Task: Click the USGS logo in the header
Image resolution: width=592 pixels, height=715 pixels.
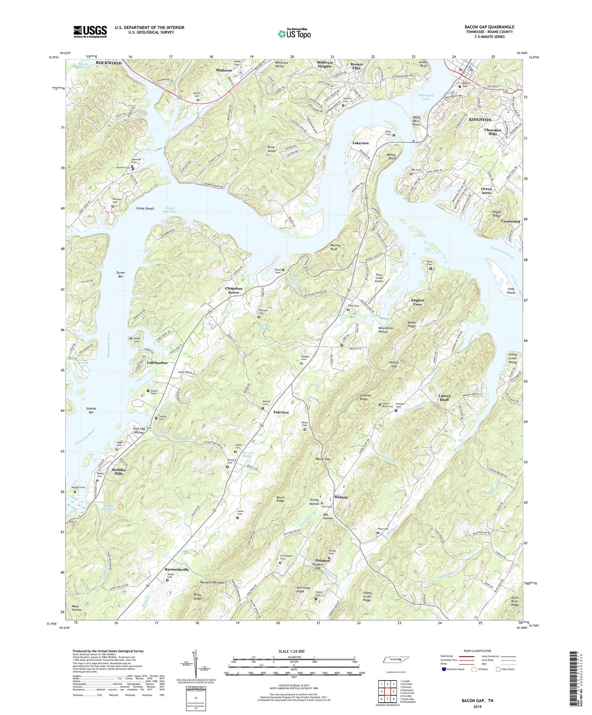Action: click(90, 32)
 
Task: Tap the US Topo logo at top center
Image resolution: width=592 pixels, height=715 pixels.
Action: click(294, 34)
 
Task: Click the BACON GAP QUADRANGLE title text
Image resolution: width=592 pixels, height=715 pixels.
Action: click(489, 27)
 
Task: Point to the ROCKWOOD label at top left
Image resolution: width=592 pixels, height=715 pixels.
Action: click(109, 63)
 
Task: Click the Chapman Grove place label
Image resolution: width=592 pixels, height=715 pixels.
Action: click(234, 290)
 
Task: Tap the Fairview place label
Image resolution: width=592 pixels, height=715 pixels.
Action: click(282, 412)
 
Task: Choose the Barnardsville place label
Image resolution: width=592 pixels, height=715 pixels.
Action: click(177, 569)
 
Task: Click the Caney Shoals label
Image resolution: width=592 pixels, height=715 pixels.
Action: click(145, 208)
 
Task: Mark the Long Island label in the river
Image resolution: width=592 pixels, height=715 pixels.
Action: click(510, 291)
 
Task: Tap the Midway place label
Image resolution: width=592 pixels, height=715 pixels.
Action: click(341, 497)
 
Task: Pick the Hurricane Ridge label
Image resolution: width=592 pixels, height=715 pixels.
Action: click(306, 590)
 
